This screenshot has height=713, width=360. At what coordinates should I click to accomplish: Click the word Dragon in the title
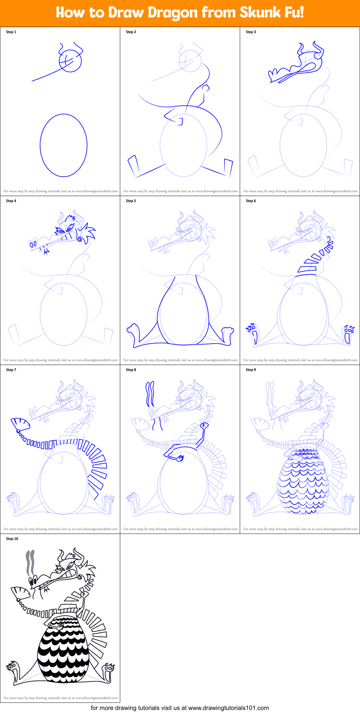pos(172,13)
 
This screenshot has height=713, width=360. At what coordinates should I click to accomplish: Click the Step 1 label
pos(11,32)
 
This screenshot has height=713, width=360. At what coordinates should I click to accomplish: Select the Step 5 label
pos(131,201)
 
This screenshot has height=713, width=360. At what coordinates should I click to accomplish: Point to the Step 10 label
pos(12,539)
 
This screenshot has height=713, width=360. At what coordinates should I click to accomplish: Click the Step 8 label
pos(131,370)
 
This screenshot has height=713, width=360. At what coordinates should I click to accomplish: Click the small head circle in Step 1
pos(70,61)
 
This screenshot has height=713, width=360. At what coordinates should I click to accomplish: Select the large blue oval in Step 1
pos(64,145)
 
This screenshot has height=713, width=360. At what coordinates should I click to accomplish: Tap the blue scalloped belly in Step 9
pos(303,481)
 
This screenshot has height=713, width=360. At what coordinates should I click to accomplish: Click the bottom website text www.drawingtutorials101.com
pos(228,708)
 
